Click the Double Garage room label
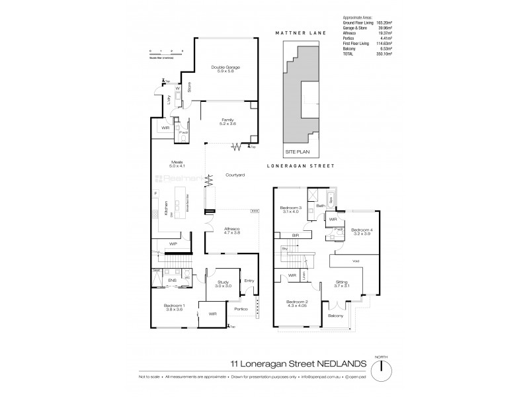point(225,67)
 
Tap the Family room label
point(228,120)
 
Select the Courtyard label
point(235,175)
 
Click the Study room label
point(222,283)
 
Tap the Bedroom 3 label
point(291,209)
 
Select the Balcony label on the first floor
point(336,316)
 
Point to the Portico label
point(240,309)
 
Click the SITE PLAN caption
point(293,152)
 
